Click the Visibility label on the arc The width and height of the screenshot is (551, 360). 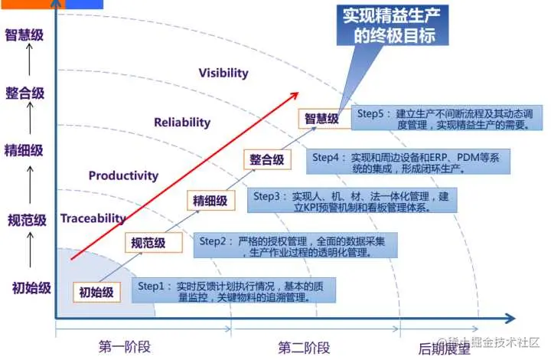tap(223, 73)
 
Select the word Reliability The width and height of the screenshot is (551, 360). tap(181, 122)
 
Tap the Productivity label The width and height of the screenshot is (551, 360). tap(123, 175)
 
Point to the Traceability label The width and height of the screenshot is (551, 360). tap(93, 218)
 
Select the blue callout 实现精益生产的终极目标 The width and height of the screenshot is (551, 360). tap(392, 26)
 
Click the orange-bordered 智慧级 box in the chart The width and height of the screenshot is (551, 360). tap(321, 119)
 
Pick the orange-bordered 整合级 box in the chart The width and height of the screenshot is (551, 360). tap(266, 160)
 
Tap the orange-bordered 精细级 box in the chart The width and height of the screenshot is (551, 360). tap(210, 201)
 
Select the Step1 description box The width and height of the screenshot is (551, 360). tap(225, 291)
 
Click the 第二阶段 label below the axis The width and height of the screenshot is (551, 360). tap(304, 347)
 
